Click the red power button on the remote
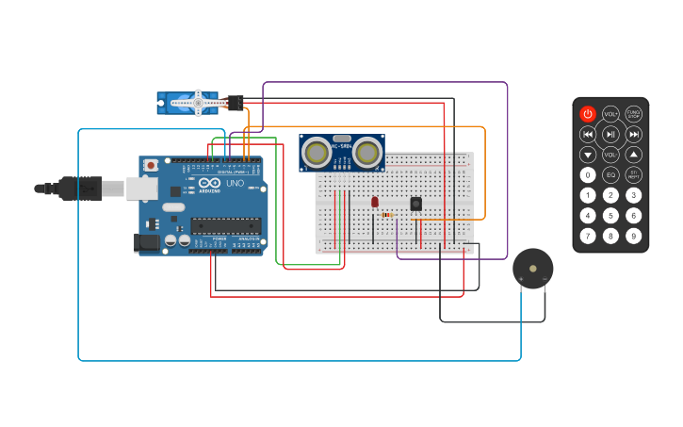[x=588, y=114]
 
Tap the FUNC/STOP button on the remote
[x=634, y=114]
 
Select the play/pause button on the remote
[x=610, y=135]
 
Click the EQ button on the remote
[x=610, y=174]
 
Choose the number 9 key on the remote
[x=634, y=236]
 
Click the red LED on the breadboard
[x=374, y=202]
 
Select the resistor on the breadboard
[x=387, y=215]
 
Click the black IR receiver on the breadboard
[x=415, y=204]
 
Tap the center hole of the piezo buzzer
[x=533, y=269]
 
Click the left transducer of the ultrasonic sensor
[x=317, y=152]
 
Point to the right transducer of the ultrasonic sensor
[x=367, y=152]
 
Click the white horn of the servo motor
[x=199, y=103]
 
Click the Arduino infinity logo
[x=208, y=183]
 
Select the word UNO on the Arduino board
[x=235, y=183]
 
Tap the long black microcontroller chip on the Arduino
[x=226, y=225]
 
